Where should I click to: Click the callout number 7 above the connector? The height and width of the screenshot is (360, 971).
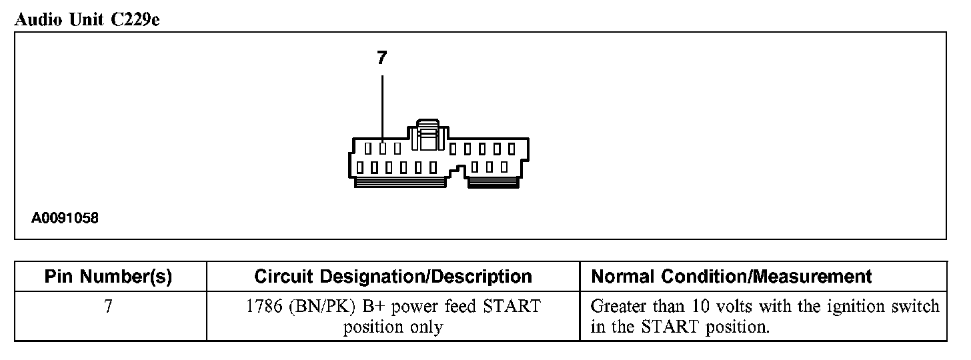pos(381,59)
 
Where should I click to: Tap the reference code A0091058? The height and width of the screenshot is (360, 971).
pos(65,218)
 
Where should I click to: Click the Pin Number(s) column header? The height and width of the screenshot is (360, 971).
pos(109,277)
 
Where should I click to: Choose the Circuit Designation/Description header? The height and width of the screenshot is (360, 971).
pos(393,277)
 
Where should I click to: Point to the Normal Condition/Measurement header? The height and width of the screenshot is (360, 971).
pos(732,277)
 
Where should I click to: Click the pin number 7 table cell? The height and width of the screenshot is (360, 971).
pos(109,307)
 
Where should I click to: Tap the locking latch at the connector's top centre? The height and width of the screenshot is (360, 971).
pos(426,136)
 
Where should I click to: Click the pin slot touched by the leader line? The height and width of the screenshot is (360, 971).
pos(383,147)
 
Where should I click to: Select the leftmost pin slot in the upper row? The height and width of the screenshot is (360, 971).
pos(368,147)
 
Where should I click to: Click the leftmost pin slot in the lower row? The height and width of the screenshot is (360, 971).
pos(361,166)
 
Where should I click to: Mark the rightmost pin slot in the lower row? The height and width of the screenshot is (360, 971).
pos(504,166)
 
